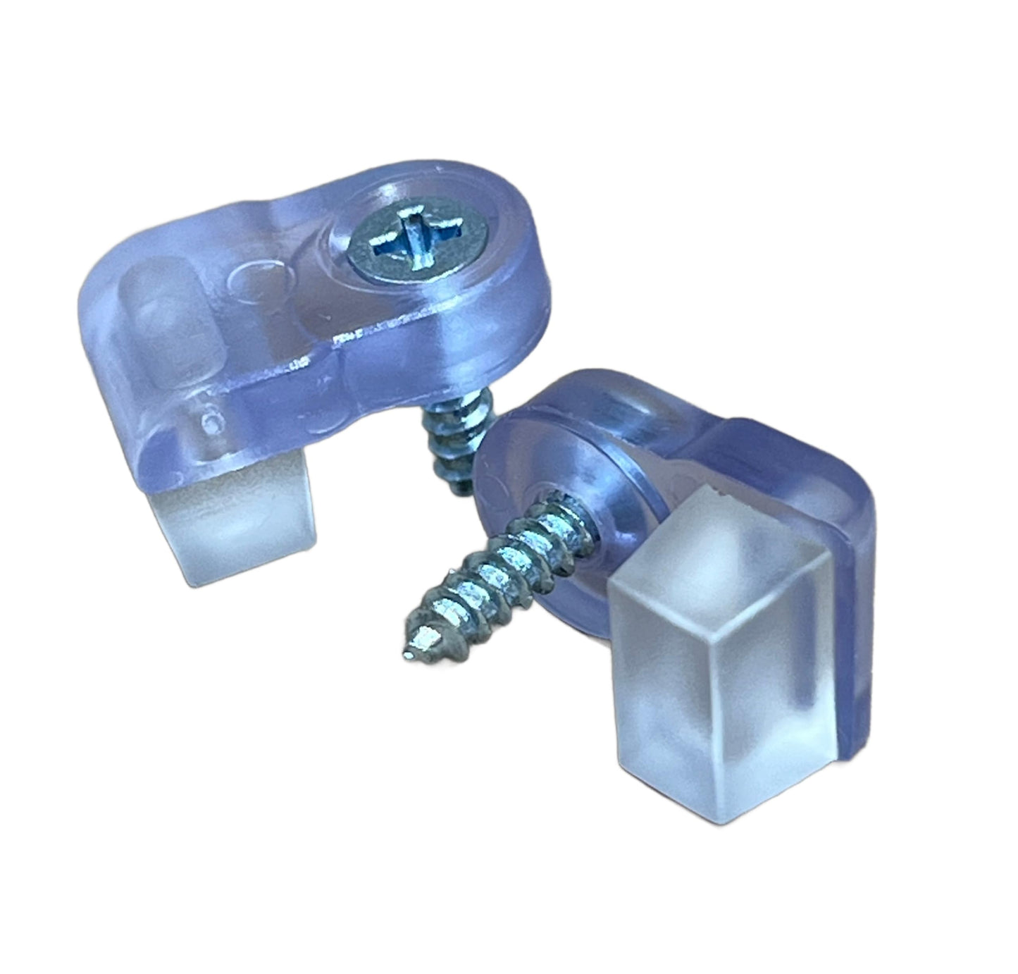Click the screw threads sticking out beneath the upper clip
444,444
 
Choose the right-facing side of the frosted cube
796,670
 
